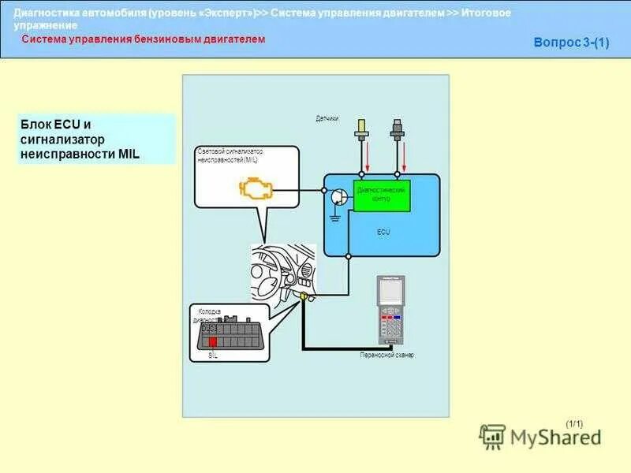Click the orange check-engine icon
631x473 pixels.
coord(256,189)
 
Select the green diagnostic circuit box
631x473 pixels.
coord(382,195)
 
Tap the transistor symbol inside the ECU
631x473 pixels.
coord(338,197)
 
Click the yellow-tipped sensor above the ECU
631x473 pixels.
coord(362,129)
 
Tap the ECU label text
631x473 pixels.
coord(383,233)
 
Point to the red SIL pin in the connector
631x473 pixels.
coord(212,342)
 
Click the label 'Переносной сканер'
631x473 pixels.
coord(386,356)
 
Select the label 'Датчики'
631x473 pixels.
coord(327,119)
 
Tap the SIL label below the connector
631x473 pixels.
coord(213,356)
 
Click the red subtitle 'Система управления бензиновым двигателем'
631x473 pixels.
coord(143,39)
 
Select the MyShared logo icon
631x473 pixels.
coord(493,437)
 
